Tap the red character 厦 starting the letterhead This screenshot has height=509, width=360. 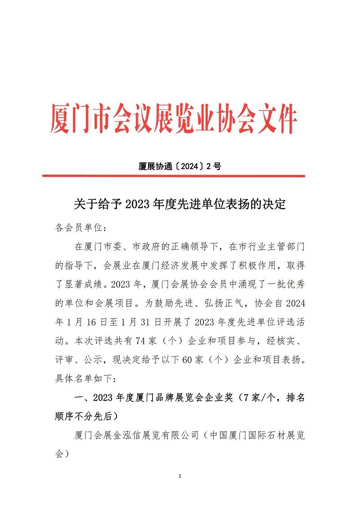coord(60,119)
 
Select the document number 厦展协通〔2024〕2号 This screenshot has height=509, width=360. coord(180,166)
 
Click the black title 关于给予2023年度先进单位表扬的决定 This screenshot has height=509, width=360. coord(180,205)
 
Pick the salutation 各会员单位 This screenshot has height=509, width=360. coord(79,228)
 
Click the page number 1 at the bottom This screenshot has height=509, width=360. coord(180,476)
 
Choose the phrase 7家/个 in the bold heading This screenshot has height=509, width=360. coord(260,398)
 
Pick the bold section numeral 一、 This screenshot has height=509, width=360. coord(81,398)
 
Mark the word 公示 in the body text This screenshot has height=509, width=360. coord(99,360)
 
